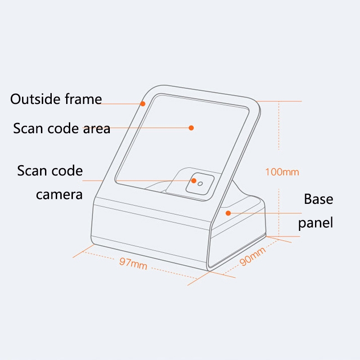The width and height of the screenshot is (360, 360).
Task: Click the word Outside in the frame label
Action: pyautogui.click(x=36, y=99)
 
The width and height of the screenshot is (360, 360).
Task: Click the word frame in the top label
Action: pyautogui.click(x=83, y=99)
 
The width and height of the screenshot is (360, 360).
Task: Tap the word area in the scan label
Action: pyautogui.click(x=97, y=129)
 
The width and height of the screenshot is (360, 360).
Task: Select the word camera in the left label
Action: pyautogui.click(x=59, y=195)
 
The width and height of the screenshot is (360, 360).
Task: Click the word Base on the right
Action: pyautogui.click(x=319, y=199)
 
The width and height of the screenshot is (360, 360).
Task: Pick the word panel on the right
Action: pyautogui.click(x=315, y=223)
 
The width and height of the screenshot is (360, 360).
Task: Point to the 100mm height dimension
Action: pyautogui.click(x=282, y=172)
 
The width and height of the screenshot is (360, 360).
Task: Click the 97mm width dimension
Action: pyautogui.click(x=133, y=264)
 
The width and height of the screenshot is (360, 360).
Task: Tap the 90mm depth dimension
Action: pyautogui.click(x=252, y=256)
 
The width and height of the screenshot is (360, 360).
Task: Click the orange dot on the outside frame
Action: pyautogui.click(x=143, y=104)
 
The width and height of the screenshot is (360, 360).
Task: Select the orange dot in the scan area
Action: pyautogui.click(x=191, y=128)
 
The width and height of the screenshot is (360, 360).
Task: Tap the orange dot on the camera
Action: pyautogui.click(x=194, y=181)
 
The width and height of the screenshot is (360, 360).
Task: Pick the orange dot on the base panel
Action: pyautogui.click(x=228, y=213)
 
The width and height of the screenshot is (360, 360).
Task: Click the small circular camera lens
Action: pyautogui.click(x=200, y=184)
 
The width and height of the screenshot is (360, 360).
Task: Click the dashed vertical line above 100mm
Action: pyautogui.click(x=279, y=126)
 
